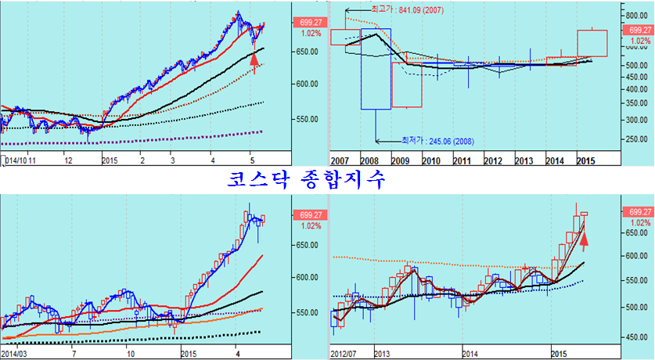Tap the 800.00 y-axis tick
[x=635, y=15]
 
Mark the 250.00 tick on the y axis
[x=635, y=139]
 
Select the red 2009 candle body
[x=406, y=85]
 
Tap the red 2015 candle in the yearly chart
[x=592, y=43]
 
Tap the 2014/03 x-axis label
[x=18, y=354]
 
